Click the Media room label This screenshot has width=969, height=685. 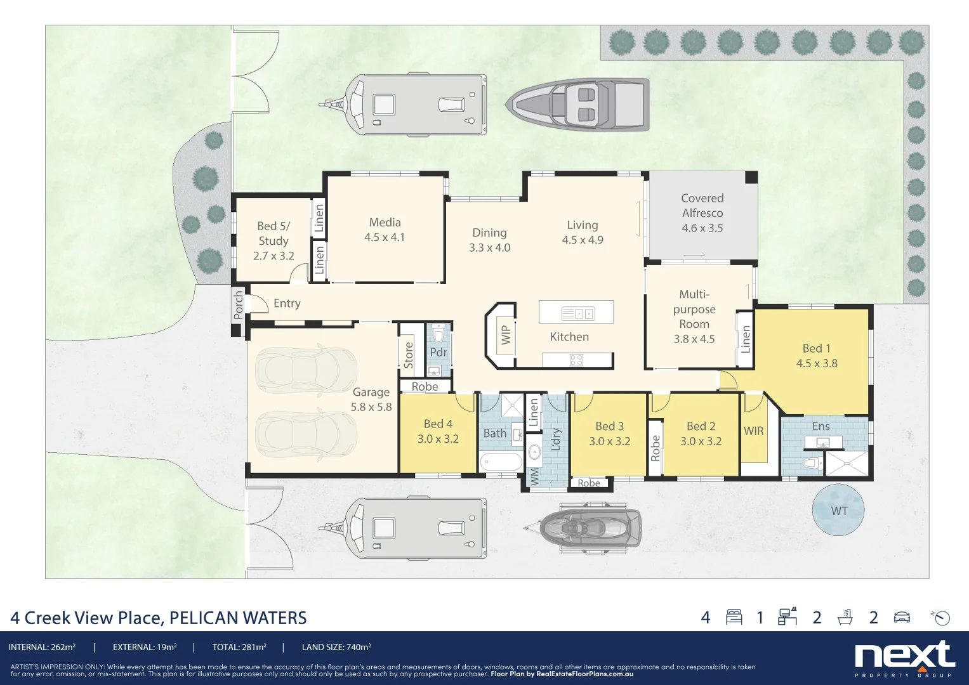pyautogui.click(x=385, y=223)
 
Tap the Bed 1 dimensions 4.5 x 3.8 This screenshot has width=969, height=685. pyautogui.click(x=817, y=363)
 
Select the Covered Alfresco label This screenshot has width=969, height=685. pyautogui.click(x=702, y=205)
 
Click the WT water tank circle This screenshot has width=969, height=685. pyautogui.click(x=838, y=511)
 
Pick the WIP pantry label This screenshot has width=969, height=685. pyautogui.click(x=506, y=335)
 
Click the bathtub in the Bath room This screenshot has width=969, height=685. pyautogui.click(x=501, y=462)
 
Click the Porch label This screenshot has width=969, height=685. pyautogui.click(x=238, y=304)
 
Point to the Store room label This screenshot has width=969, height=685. pyautogui.click(x=409, y=355)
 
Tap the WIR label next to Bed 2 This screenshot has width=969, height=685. pyautogui.click(x=753, y=431)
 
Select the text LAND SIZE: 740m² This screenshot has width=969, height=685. pyautogui.click(x=336, y=648)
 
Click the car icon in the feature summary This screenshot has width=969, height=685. pyautogui.click(x=902, y=617)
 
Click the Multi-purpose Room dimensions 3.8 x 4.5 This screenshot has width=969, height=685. pyautogui.click(x=694, y=339)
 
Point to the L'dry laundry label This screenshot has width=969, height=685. pyautogui.click(x=556, y=440)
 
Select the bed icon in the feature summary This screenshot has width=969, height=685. pyautogui.click(x=734, y=617)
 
